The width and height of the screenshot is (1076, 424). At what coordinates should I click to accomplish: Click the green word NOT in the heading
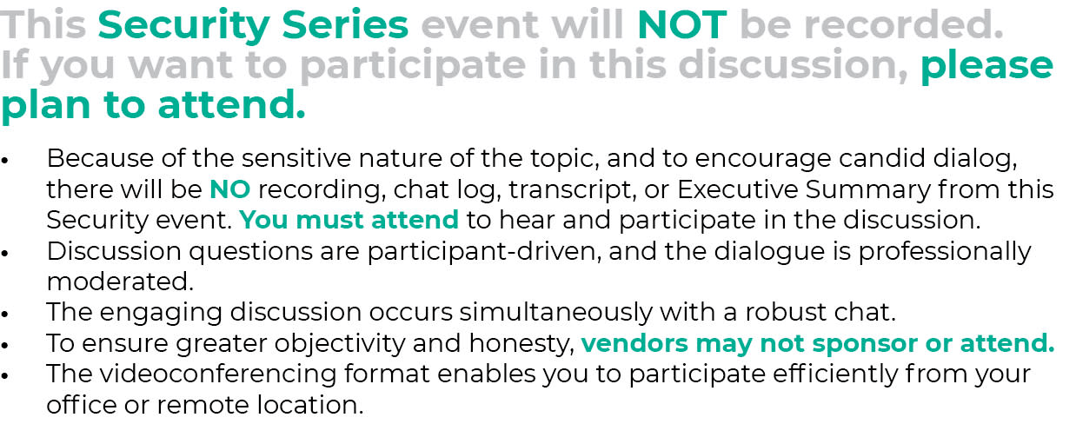681,25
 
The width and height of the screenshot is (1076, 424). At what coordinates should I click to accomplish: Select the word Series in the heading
345,25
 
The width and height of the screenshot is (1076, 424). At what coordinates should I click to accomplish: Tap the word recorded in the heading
904,25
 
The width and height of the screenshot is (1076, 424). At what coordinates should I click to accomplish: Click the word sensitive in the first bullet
296,158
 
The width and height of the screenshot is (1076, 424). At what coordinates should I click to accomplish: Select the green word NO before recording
229,189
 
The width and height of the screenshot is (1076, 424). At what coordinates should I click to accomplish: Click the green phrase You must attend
349,220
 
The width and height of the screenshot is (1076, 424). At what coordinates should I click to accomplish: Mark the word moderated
120,282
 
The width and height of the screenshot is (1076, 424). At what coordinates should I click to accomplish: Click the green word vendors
634,343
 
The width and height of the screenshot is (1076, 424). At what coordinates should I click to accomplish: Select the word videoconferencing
218,374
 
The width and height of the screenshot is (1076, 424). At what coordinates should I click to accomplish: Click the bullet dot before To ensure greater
5,345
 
